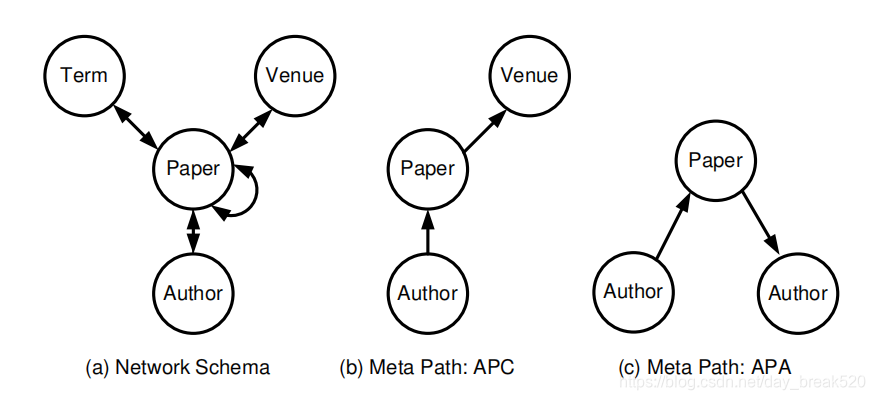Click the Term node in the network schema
(x=84, y=75)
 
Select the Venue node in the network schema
(x=295, y=75)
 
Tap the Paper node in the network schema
(x=193, y=168)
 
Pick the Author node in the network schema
(x=193, y=293)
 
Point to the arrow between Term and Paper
(x=136, y=127)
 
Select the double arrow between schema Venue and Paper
(x=251, y=129)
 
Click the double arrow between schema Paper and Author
(x=193, y=231)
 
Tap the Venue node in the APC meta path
(x=529, y=75)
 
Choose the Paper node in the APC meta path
(x=428, y=168)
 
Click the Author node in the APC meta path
(x=428, y=293)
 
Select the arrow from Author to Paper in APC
(x=428, y=231)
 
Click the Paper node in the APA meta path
(x=716, y=161)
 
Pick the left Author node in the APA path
(x=633, y=292)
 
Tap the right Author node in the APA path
(x=799, y=293)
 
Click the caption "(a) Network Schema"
(x=177, y=367)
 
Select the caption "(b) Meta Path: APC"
(x=427, y=367)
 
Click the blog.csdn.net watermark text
(x=743, y=382)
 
